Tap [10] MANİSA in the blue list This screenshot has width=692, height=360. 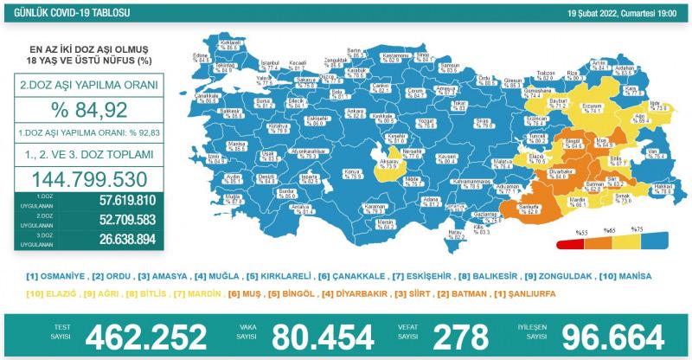pos(630,277)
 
